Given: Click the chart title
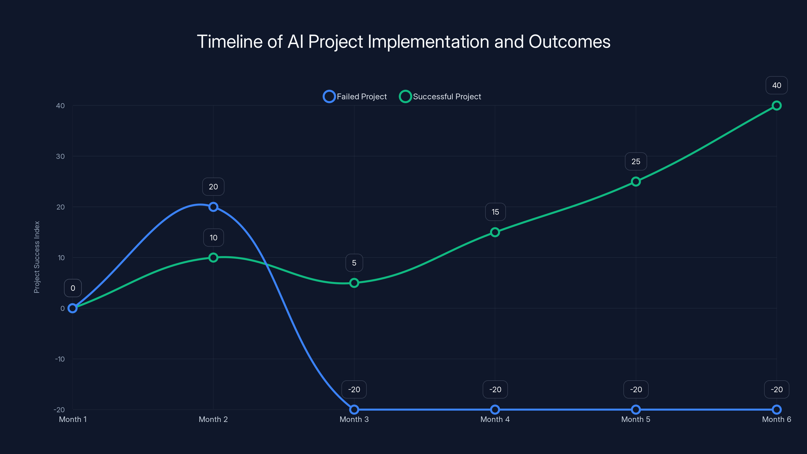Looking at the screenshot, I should coord(403,42).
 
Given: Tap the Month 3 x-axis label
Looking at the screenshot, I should coord(354,419).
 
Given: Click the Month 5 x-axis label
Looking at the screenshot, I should coord(636,419).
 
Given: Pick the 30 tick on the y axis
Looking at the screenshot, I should coord(61,156).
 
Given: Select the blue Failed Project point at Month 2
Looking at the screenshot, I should coord(213,207).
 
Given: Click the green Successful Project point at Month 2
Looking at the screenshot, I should coord(213,258).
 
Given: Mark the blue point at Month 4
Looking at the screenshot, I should coord(495,410).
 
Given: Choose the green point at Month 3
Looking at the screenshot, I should coord(354,283).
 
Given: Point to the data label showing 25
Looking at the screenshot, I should coord(636,161).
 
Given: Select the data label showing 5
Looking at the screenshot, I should coord(354,263).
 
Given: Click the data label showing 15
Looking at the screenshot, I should coord(495,212).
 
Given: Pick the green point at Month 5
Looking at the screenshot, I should coord(636,182).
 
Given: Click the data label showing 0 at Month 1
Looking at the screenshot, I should coord(73,288).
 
